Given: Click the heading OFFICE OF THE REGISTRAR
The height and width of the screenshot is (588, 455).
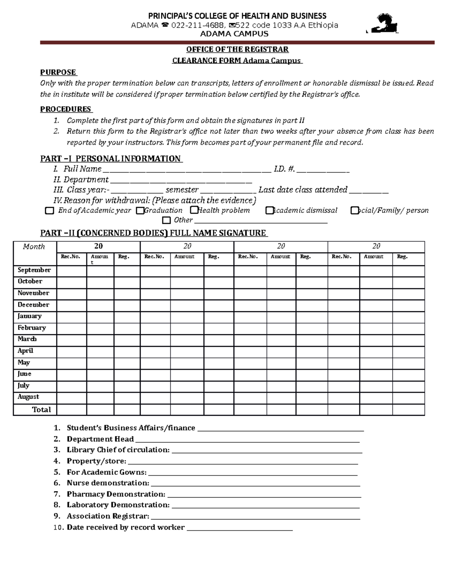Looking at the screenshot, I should pyautogui.click(x=237, y=50).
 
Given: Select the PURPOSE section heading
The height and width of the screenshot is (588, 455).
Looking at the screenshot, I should pyautogui.click(x=58, y=72).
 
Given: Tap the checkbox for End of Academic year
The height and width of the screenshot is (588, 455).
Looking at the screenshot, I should pyautogui.click(x=49, y=211).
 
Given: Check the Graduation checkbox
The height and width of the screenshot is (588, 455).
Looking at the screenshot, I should pyautogui.click(x=140, y=211).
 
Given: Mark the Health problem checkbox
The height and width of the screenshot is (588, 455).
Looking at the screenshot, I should pyautogui.click(x=194, y=210).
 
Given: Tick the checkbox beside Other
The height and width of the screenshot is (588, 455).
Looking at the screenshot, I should pyautogui.click(x=166, y=220).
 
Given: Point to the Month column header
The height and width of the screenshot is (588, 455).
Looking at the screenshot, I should pyautogui.click(x=34, y=247).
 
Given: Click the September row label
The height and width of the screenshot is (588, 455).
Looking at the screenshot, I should pyautogui.click(x=34, y=270).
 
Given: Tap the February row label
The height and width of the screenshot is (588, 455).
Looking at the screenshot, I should pyautogui.click(x=32, y=328).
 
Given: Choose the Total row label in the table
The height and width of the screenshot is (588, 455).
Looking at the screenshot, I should pyautogui.click(x=41, y=410).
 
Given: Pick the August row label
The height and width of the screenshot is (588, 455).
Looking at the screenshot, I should pyautogui.click(x=28, y=397).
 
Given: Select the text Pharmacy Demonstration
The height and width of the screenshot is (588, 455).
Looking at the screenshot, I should pyautogui.click(x=116, y=494).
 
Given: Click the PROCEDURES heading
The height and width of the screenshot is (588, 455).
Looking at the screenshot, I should pyautogui.click(x=66, y=109).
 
